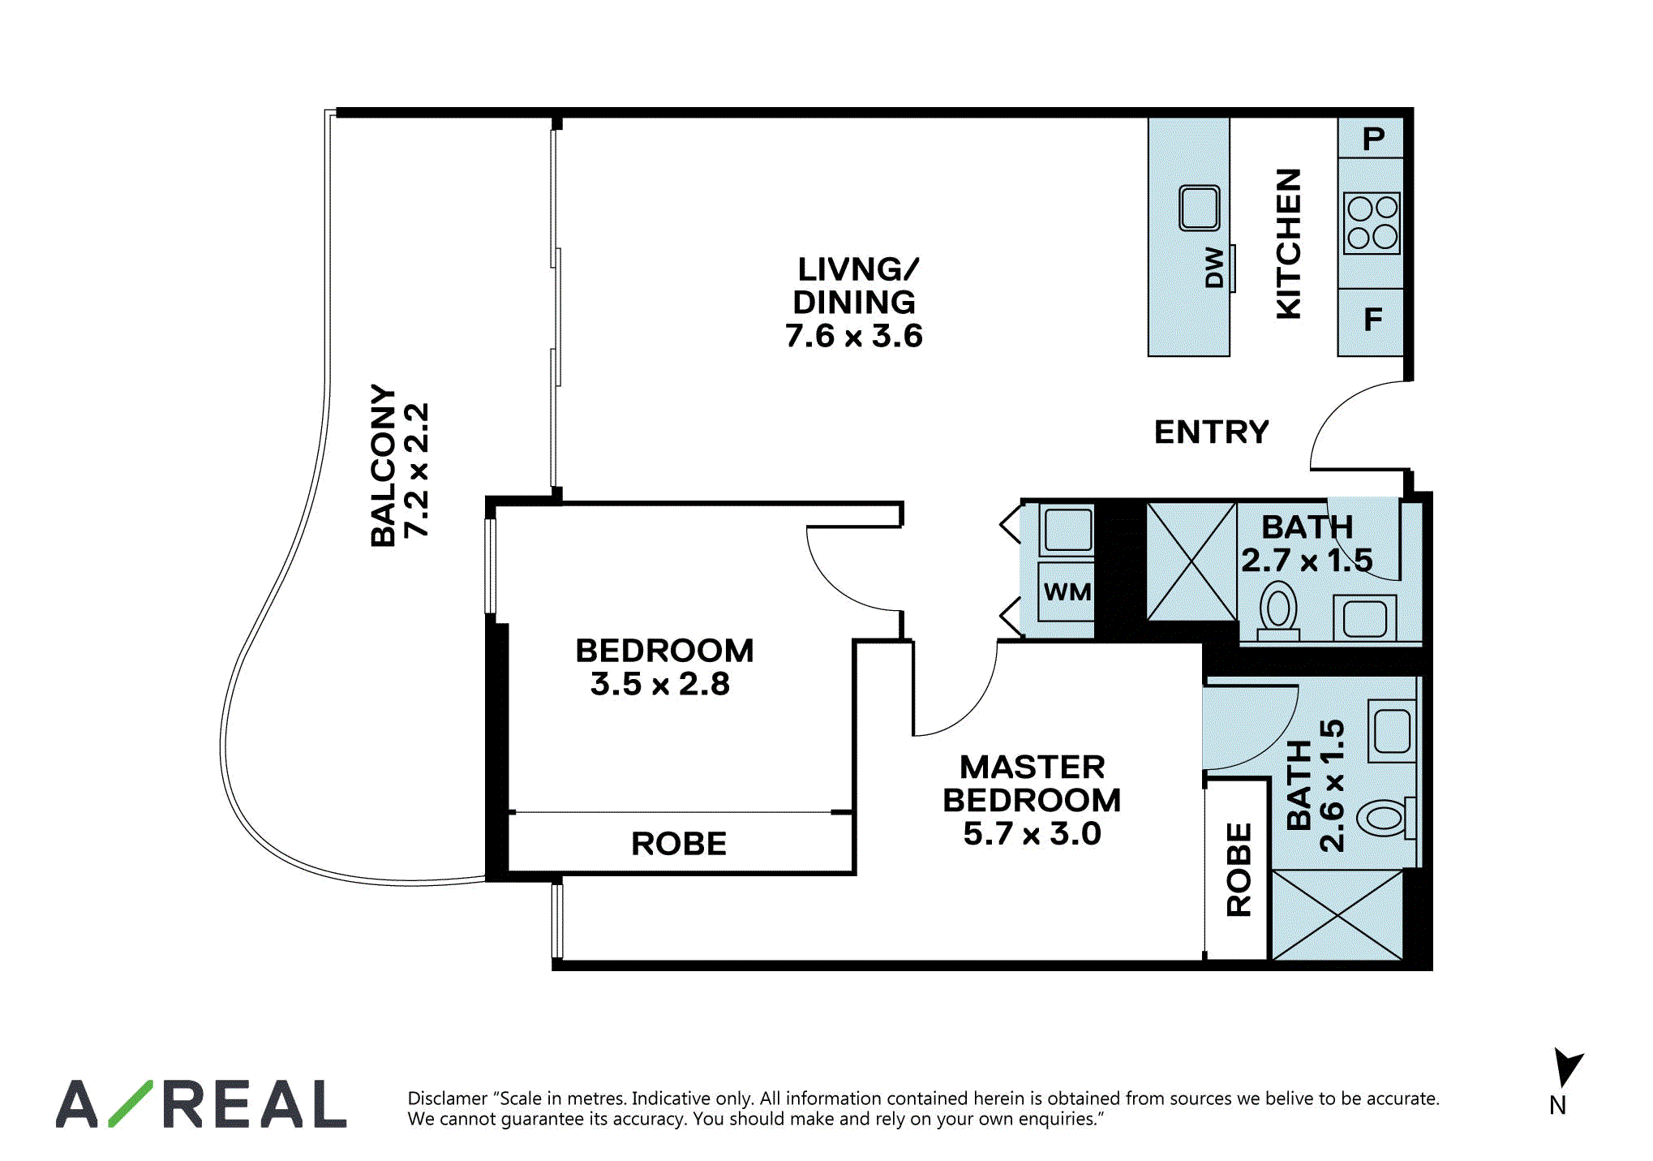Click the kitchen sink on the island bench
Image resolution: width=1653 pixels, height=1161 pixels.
(1200, 208)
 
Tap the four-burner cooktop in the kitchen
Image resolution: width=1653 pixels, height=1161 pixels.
(1372, 223)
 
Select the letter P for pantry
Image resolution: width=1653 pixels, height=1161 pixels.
(1373, 139)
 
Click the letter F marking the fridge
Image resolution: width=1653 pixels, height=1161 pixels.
(1372, 319)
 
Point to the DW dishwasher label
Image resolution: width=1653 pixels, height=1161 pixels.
(1214, 268)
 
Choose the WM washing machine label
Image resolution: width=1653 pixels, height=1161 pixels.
(1067, 591)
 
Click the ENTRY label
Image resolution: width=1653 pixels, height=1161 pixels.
(1211, 432)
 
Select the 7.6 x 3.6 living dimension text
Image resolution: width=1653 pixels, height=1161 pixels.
(854, 335)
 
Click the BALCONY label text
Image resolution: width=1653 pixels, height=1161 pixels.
(384, 466)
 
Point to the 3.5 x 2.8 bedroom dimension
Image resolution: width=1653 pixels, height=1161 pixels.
(660, 684)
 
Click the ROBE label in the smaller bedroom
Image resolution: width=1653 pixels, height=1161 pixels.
(679, 844)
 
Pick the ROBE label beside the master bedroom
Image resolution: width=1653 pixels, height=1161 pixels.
(1239, 870)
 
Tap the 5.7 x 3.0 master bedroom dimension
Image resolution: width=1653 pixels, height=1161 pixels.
(1032, 833)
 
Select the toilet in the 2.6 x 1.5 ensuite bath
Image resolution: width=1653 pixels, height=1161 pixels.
(1388, 818)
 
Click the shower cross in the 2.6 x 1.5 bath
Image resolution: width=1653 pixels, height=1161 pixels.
(1337, 915)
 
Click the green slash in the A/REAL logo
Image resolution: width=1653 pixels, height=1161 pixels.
(131, 1103)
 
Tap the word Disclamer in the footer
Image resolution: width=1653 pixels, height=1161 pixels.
(446, 1099)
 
